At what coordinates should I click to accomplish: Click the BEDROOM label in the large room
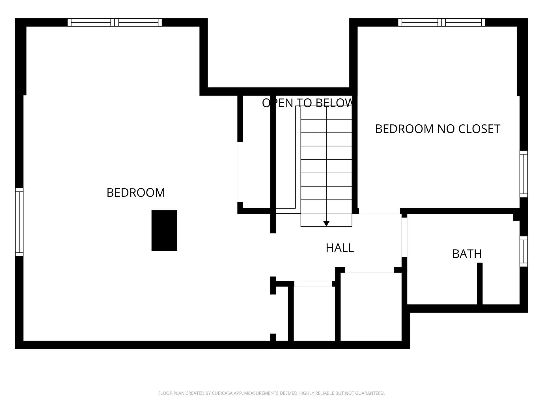click(x=136, y=193)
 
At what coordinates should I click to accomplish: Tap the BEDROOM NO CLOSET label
click(x=438, y=129)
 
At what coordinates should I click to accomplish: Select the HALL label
click(x=340, y=248)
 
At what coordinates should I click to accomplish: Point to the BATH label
click(x=467, y=254)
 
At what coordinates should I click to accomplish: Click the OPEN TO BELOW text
click(x=307, y=103)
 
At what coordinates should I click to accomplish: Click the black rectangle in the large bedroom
click(x=164, y=230)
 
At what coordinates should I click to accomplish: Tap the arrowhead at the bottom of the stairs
click(x=326, y=224)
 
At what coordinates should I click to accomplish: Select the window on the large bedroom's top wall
click(x=115, y=22)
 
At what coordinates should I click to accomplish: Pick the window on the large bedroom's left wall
click(x=19, y=222)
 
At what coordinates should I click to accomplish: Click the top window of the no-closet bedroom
click(x=441, y=22)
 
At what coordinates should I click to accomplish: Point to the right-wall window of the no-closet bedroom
click(x=524, y=174)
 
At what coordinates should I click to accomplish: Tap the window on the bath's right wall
click(x=524, y=251)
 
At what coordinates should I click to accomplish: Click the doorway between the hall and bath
click(x=404, y=237)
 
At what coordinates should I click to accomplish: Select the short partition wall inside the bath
click(x=480, y=284)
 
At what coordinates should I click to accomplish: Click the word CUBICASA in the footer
click(x=222, y=393)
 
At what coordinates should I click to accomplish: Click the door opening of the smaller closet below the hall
click(x=313, y=284)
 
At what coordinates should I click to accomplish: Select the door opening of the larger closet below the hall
click(x=369, y=270)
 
